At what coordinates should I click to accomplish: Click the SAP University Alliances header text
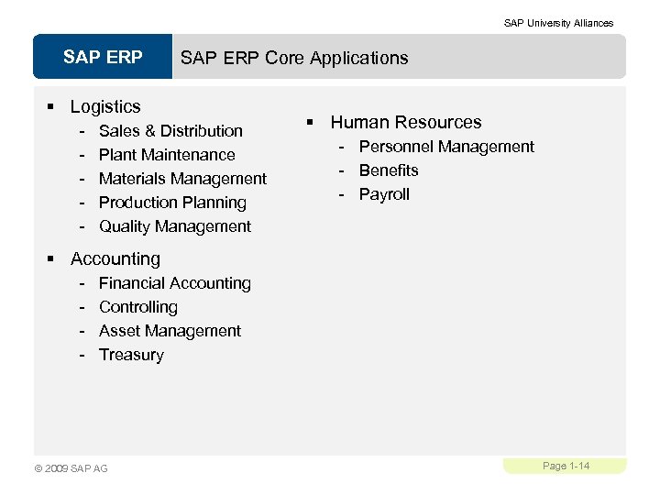click(558, 23)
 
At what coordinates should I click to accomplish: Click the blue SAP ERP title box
click(103, 58)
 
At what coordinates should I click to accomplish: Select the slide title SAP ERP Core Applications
click(294, 58)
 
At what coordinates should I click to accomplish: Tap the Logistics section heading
click(105, 107)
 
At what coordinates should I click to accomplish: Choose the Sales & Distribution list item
click(170, 131)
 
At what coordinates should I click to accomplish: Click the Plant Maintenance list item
click(167, 155)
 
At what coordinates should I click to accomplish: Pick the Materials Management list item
click(182, 179)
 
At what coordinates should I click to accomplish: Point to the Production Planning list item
click(172, 203)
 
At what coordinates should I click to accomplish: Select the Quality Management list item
click(174, 226)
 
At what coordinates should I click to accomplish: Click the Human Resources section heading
click(405, 122)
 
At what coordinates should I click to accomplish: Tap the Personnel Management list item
click(446, 147)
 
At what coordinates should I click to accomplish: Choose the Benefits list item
click(389, 170)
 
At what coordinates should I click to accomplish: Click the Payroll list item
click(384, 194)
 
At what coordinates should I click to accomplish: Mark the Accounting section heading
click(115, 259)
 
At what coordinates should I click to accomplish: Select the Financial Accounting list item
click(174, 283)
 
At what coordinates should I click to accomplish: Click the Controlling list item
click(138, 307)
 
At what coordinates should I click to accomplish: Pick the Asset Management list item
click(170, 331)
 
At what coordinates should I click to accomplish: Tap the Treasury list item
click(131, 355)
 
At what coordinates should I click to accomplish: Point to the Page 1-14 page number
click(566, 467)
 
